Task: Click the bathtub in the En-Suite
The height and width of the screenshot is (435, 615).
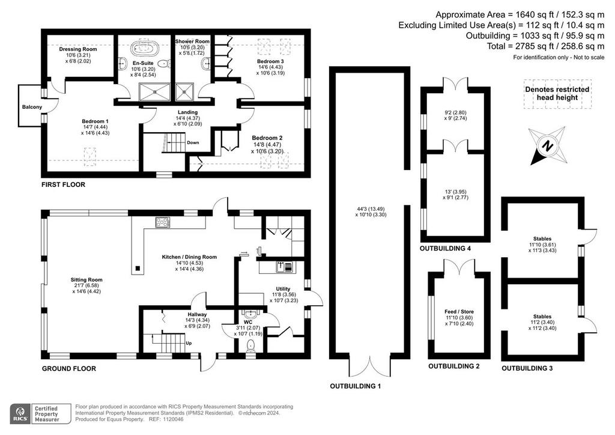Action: click(145, 48)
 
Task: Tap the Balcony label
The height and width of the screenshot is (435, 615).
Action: click(32, 107)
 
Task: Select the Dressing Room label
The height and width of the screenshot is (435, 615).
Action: click(78, 49)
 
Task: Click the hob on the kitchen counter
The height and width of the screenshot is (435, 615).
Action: click(163, 222)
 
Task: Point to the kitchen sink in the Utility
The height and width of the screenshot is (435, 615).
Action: click(284, 267)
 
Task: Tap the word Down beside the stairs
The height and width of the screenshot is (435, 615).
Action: click(193, 143)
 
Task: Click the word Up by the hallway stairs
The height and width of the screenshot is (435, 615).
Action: click(189, 343)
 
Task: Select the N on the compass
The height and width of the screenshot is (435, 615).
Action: click(547, 146)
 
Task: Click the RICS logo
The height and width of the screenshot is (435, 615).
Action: click(20, 414)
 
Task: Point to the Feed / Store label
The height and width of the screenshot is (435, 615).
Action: click(459, 312)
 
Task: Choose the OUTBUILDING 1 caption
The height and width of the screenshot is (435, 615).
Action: click(356, 386)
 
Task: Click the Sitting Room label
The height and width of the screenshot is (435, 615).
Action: click(86, 279)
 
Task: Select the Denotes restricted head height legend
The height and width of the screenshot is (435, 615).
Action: click(557, 94)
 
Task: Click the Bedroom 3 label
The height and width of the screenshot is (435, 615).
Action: click(270, 61)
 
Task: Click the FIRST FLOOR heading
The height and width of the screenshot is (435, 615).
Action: click(63, 184)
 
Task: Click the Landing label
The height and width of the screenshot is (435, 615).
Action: click(187, 112)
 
